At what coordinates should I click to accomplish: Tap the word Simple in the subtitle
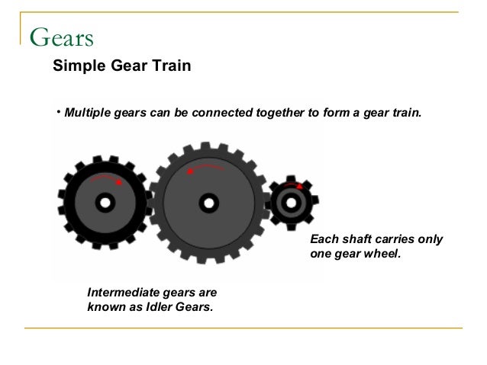[x=76, y=66]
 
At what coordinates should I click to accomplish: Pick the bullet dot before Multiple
[x=58, y=114]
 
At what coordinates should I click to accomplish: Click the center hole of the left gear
[x=105, y=203]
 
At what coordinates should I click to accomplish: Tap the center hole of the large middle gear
[x=208, y=203]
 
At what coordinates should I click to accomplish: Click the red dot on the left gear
[x=119, y=183]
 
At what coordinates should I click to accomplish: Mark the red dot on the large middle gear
[x=190, y=171]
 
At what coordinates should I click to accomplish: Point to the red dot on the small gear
[x=300, y=186]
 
